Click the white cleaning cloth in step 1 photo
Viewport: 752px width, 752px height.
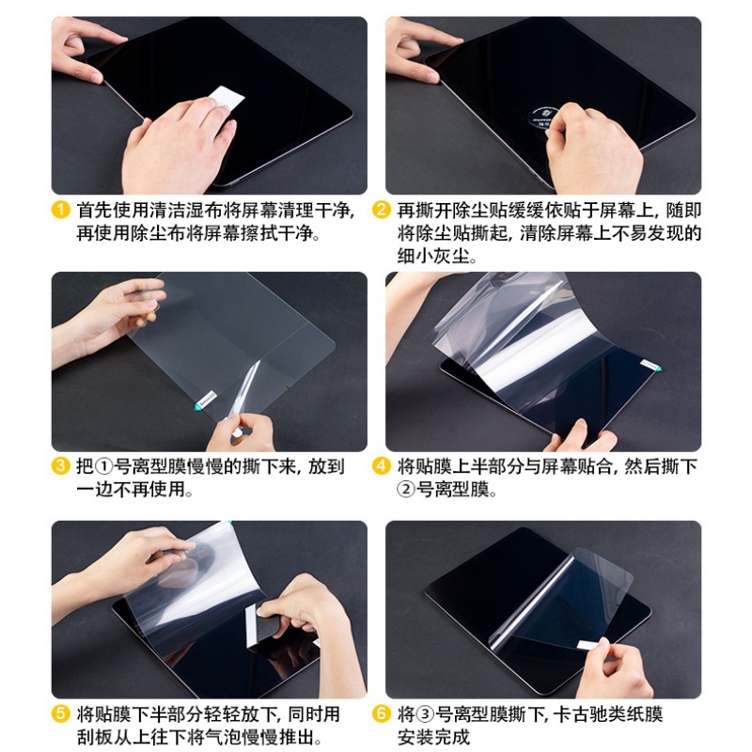click(x=224, y=97)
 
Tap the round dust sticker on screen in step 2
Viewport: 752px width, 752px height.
click(x=537, y=129)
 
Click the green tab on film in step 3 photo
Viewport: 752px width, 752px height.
click(x=199, y=407)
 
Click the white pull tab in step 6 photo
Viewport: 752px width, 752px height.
click(x=584, y=644)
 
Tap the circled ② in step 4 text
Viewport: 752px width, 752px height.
click(x=406, y=490)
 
